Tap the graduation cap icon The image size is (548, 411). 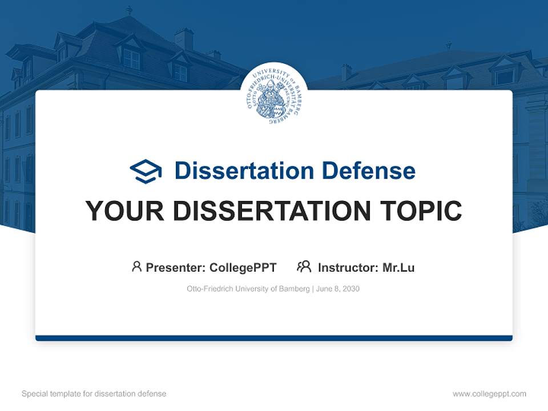(x=146, y=171)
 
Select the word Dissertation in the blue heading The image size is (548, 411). (x=244, y=171)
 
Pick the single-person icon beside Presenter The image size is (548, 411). (x=136, y=267)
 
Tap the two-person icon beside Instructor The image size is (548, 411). (x=304, y=267)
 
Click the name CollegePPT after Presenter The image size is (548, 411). (x=243, y=267)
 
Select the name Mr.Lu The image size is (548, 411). (x=398, y=267)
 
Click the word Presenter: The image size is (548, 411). (x=176, y=267)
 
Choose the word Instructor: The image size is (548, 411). (x=348, y=267)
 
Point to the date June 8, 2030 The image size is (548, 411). (x=337, y=289)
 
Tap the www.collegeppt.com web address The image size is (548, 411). (x=489, y=394)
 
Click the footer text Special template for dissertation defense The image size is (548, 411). (x=94, y=394)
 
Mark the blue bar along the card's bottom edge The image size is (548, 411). (x=274, y=338)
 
